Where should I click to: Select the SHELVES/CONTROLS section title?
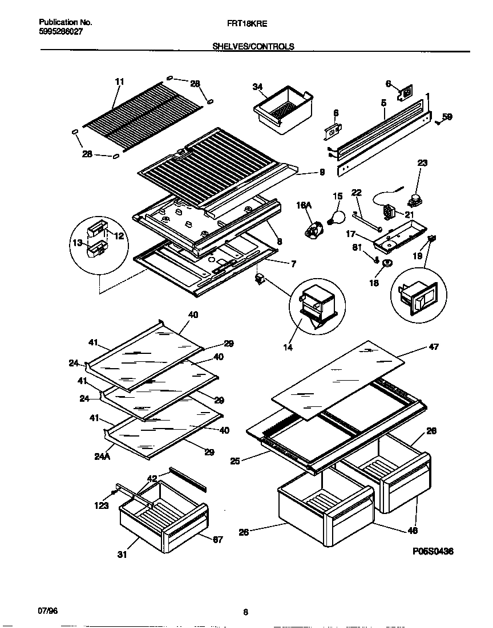tap(253, 47)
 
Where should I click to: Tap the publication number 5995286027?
tap(61, 33)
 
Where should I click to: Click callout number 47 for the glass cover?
tap(433, 346)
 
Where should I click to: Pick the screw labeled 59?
tap(437, 121)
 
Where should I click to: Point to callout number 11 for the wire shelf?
tap(119, 81)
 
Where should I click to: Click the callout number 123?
tap(101, 504)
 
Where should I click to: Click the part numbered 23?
tap(413, 198)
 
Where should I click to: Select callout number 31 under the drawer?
tap(122, 553)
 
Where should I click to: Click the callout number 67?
tap(217, 539)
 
